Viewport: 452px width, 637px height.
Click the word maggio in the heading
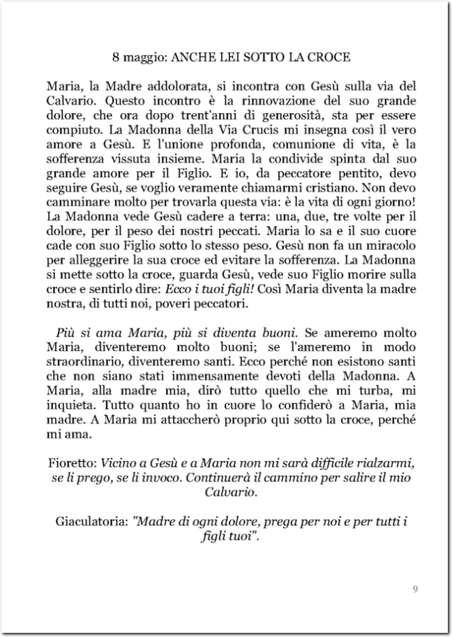[x=142, y=55]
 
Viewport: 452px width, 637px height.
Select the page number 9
[x=415, y=590]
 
